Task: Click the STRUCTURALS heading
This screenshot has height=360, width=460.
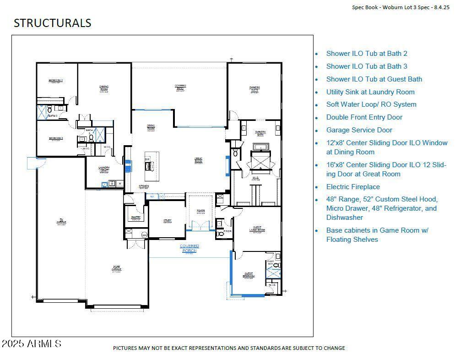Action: pyautogui.click(x=52, y=23)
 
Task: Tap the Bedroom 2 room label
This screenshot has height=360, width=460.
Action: pyautogui.click(x=56, y=81)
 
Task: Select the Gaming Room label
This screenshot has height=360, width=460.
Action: pyautogui.click(x=104, y=88)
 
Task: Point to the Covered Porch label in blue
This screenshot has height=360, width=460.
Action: pyautogui.click(x=189, y=248)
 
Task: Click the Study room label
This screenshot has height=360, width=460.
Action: pyautogui.click(x=168, y=221)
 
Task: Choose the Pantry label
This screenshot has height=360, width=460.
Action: pyautogui.click(x=135, y=218)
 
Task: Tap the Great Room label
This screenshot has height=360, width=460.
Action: pyautogui.click(x=199, y=161)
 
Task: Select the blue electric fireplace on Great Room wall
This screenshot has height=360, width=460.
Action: pyautogui.click(x=227, y=166)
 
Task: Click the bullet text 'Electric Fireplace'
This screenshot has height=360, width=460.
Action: pyautogui.click(x=353, y=187)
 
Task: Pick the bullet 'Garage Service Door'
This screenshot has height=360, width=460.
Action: pyautogui.click(x=359, y=130)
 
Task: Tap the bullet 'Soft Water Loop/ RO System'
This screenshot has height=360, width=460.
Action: pyautogui.click(x=371, y=104)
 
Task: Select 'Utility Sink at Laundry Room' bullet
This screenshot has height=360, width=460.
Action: pyautogui.click(x=370, y=92)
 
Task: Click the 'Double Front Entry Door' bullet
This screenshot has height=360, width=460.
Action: pyautogui.click(x=364, y=117)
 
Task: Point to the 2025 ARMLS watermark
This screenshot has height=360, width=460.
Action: pyautogui.click(x=31, y=344)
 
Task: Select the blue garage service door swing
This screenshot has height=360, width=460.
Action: pyautogui.click(x=36, y=163)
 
